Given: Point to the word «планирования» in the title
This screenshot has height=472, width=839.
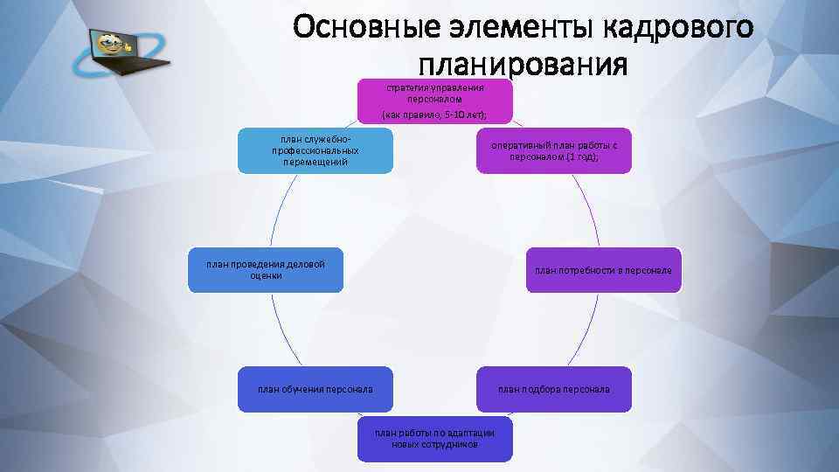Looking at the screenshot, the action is (x=523, y=64).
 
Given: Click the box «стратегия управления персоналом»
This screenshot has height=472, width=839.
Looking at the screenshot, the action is (x=434, y=101).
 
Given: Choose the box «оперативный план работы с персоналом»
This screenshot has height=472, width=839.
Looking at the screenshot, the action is (x=554, y=151).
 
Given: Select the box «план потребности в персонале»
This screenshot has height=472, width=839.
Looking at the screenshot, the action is (x=603, y=271).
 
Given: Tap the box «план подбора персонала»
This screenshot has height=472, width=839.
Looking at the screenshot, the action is (x=554, y=389).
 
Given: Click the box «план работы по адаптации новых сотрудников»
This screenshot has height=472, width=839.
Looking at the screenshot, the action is (x=434, y=438).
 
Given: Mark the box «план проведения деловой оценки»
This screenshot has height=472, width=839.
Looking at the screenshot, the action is (x=265, y=269).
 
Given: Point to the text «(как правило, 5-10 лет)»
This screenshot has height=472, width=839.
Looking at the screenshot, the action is (x=434, y=115).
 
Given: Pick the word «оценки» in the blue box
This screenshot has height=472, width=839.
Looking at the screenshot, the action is (x=266, y=275).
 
